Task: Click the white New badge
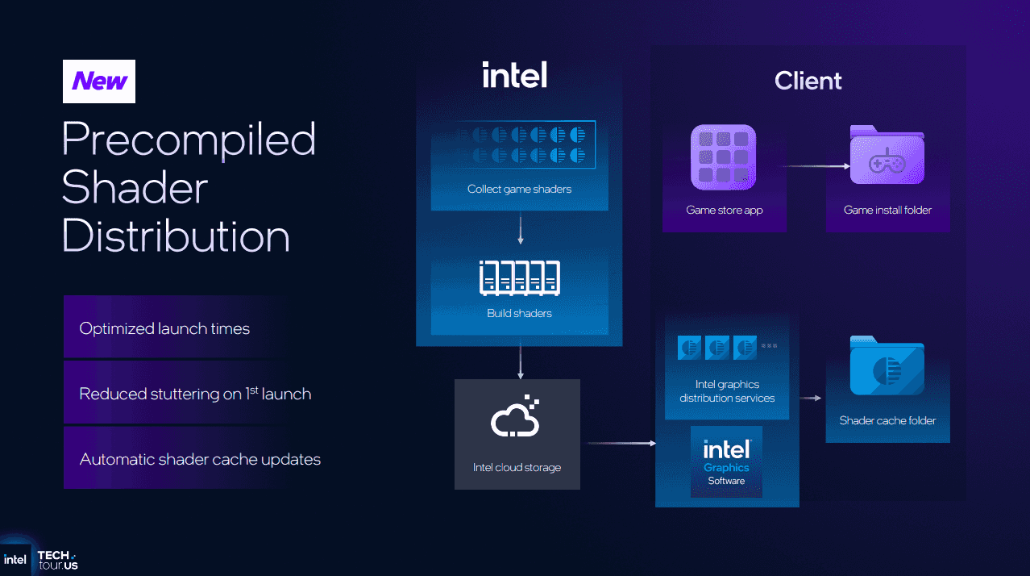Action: [99, 81]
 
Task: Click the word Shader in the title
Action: [135, 188]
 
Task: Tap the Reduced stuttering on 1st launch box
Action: [175, 394]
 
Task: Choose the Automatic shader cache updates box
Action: [175, 459]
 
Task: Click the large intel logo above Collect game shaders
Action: [514, 75]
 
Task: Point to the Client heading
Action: [808, 81]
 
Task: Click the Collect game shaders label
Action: [519, 189]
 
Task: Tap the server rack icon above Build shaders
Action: [519, 278]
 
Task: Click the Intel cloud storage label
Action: [517, 467]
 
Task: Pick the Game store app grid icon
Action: [723, 158]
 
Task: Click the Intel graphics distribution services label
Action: [726, 391]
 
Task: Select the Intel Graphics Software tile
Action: [726, 461]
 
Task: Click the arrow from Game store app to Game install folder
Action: [814, 166]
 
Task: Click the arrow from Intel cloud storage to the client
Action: [621, 443]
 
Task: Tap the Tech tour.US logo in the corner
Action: [56, 559]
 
